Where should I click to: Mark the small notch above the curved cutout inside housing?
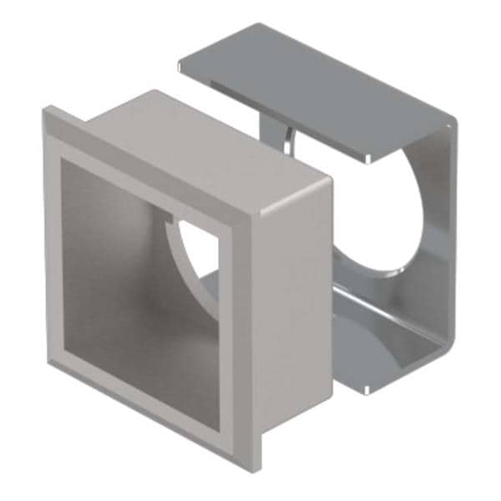(x=171, y=222)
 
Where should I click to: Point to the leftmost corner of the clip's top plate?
(x=181, y=62)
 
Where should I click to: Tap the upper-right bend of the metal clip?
(x=451, y=129)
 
